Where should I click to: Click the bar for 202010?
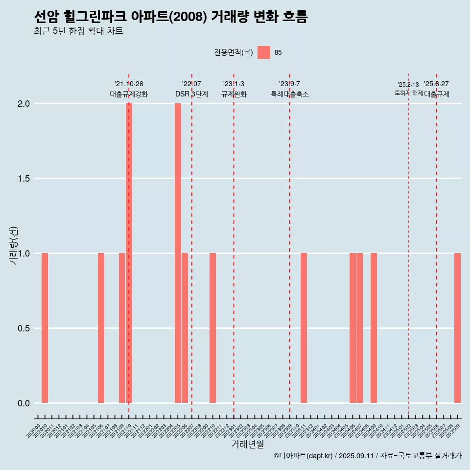click(x=45, y=328)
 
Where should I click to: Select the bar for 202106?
click(x=101, y=328)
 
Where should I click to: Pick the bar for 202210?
click(x=212, y=328)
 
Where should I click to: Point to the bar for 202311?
click(x=304, y=328)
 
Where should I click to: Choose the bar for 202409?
click(x=374, y=328)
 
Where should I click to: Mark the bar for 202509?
click(x=457, y=328)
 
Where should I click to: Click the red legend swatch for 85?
click(x=264, y=52)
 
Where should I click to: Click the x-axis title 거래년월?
click(x=247, y=444)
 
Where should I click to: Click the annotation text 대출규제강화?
click(x=129, y=94)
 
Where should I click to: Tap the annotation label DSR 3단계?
click(x=191, y=94)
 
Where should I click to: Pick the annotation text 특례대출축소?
click(x=290, y=94)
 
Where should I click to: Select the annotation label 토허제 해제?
click(x=408, y=93)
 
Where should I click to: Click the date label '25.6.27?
click(x=436, y=84)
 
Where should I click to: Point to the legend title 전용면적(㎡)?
click(x=234, y=52)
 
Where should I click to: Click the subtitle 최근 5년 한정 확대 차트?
click(x=78, y=31)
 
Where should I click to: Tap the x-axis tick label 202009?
click(x=33, y=431)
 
